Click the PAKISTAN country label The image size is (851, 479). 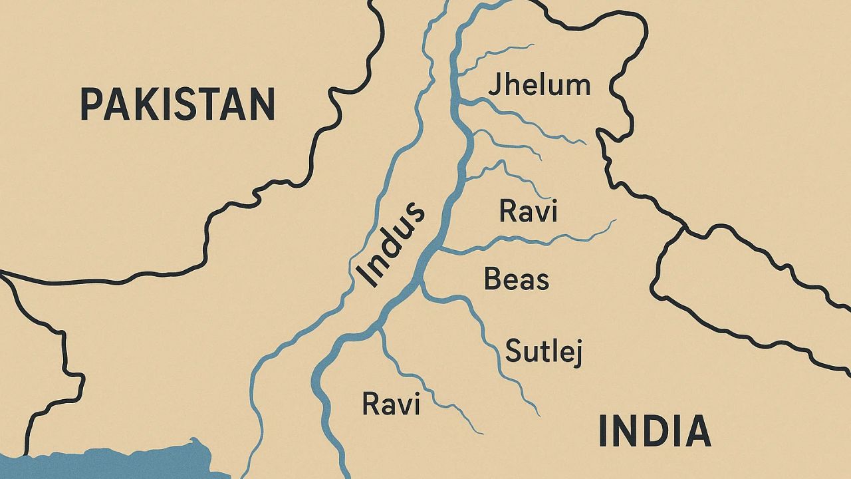(177, 104)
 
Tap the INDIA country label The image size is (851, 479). (655, 430)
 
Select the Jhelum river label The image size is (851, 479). (539, 86)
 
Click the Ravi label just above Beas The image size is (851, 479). (528, 212)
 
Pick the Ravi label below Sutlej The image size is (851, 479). (391, 404)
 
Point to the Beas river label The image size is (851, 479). (517, 279)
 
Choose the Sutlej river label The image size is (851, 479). (544, 351)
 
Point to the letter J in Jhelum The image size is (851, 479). (494, 86)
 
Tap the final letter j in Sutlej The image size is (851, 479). (578, 353)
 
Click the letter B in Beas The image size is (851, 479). (492, 279)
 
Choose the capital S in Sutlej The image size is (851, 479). (513, 351)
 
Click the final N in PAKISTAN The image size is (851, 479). (262, 104)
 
